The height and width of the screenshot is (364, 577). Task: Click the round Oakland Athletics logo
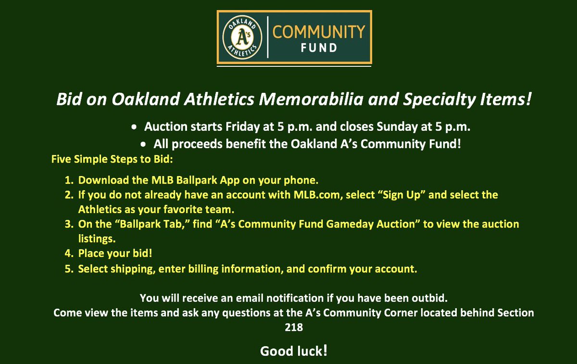pos(242,38)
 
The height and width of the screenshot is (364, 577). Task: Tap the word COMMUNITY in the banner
pos(319,32)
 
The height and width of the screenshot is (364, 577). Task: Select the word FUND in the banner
pos(319,48)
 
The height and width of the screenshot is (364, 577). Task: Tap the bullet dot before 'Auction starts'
pos(134,127)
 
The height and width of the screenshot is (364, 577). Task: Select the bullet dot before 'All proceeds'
pos(143,144)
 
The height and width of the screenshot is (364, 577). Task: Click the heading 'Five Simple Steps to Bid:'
pos(112,159)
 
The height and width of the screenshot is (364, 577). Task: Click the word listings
pos(97,239)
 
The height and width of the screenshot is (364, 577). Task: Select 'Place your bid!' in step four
pos(115,253)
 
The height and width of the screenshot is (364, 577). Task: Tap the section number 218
pos(294,327)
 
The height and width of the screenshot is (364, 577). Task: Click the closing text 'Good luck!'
pos(294,351)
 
